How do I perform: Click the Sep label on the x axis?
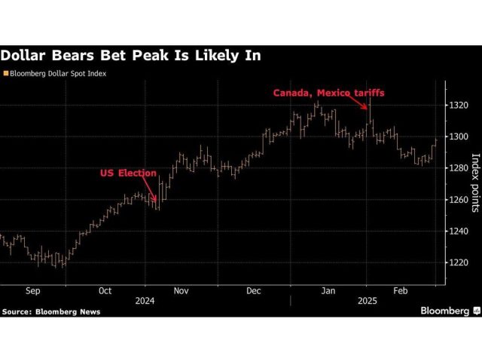(x=32, y=290)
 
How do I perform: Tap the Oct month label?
(x=105, y=290)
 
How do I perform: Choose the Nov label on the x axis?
(x=181, y=290)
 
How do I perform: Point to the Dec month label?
(x=253, y=290)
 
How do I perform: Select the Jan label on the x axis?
(x=328, y=290)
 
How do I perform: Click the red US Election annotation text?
(x=128, y=173)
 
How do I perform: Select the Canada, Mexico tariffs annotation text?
(x=328, y=93)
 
